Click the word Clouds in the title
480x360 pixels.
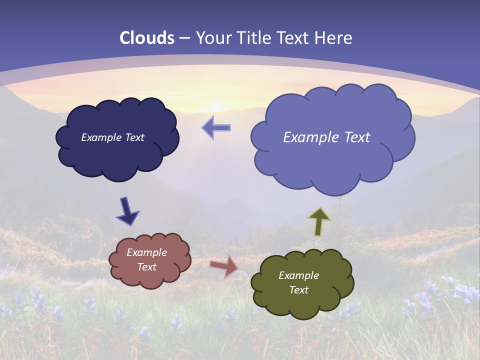pos(147,38)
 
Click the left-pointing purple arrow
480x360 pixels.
pos(216,128)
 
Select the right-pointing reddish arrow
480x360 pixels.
pos(223,266)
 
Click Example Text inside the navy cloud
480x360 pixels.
pos(112,137)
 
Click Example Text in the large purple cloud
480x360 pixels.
pos(326,137)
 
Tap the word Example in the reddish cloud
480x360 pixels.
pos(146,253)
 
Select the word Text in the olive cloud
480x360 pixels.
pos(298,290)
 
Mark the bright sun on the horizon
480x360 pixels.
pos(216,106)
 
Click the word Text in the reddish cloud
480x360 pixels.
pos(146,267)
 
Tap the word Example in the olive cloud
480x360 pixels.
pos(298,276)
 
